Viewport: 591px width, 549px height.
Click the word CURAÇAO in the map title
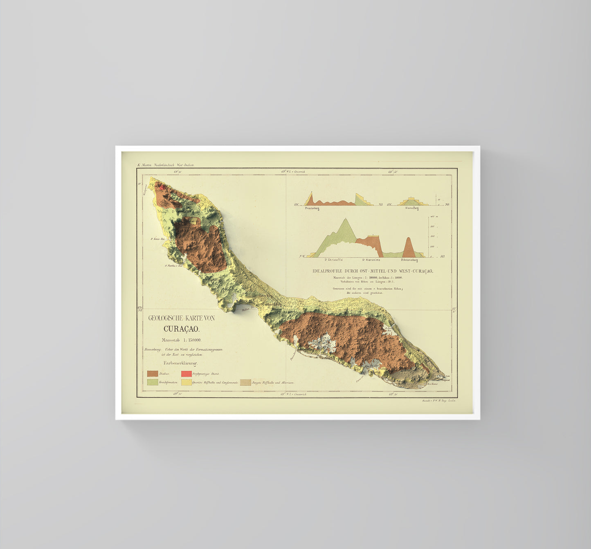click(x=181, y=329)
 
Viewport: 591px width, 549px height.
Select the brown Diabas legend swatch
click(x=153, y=374)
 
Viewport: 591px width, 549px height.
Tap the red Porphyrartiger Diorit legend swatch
click(x=187, y=374)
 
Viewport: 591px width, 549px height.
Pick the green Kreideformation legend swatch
click(x=153, y=382)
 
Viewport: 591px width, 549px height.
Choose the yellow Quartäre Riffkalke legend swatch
click(x=187, y=382)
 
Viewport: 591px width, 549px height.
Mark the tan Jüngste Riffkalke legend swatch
click(x=245, y=382)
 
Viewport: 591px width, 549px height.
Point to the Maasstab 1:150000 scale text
click(x=181, y=340)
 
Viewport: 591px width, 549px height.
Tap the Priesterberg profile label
click(x=312, y=208)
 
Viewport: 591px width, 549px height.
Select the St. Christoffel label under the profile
click(x=334, y=260)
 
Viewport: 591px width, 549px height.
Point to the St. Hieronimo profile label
click(x=371, y=260)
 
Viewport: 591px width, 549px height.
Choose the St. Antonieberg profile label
click(x=409, y=260)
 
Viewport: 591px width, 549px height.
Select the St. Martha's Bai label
click(x=173, y=265)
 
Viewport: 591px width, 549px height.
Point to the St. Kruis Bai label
click(x=157, y=238)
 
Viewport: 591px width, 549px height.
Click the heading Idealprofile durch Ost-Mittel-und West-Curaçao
click(x=373, y=271)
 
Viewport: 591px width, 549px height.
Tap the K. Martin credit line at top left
click(x=166, y=165)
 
